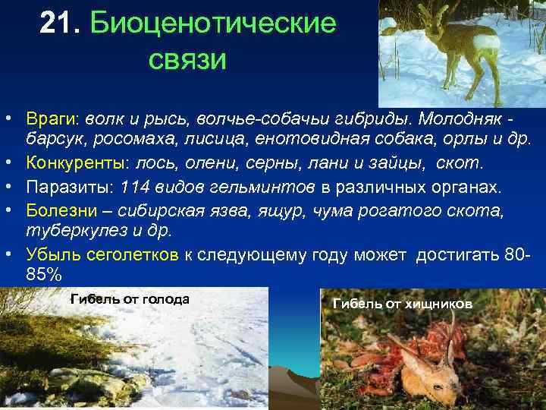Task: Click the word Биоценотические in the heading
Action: click(x=212, y=24)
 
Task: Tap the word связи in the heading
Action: click(x=186, y=60)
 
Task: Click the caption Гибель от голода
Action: click(x=130, y=299)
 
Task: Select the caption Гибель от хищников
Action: click(x=402, y=304)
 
